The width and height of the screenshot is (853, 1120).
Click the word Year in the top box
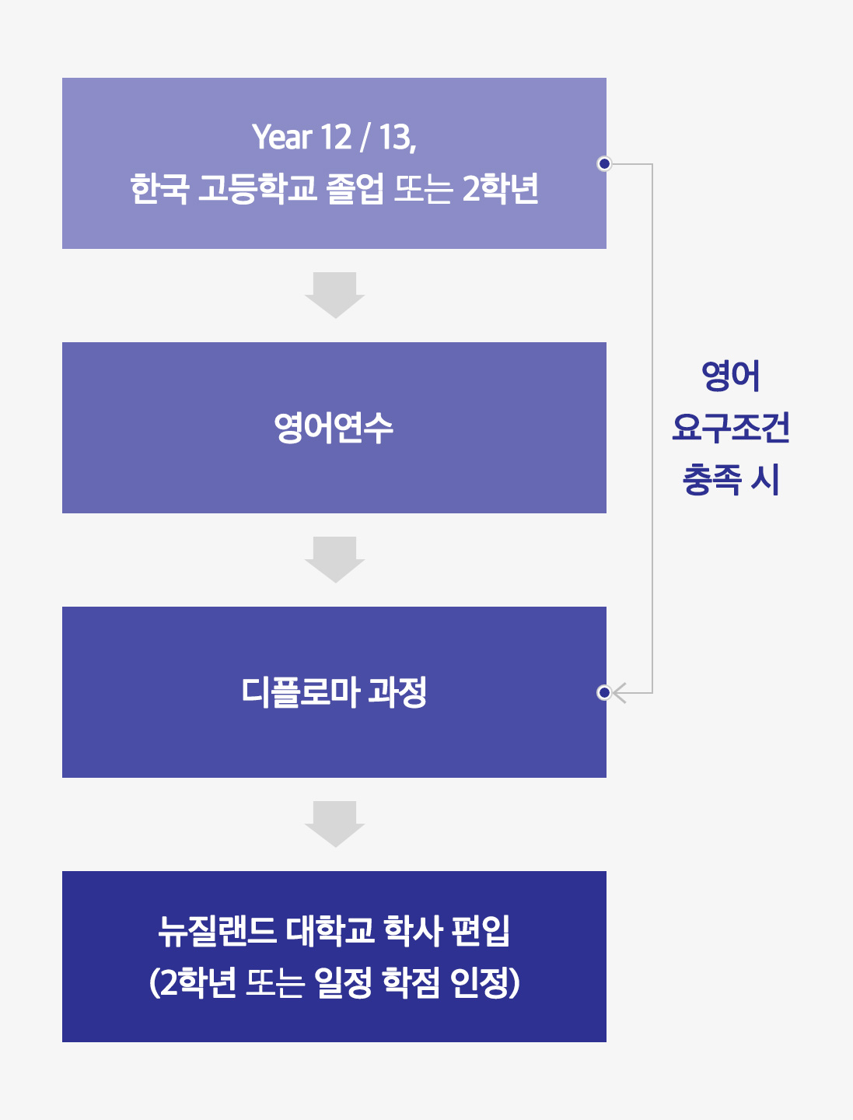point(282,137)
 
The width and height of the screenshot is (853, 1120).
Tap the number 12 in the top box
point(336,137)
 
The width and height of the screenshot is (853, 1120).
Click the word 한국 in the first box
point(159,188)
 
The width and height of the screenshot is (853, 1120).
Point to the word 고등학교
point(257,188)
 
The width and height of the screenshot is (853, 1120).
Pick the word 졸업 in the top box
point(355,188)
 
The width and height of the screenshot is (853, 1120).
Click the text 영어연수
point(334,428)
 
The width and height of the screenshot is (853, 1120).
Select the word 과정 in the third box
point(397,692)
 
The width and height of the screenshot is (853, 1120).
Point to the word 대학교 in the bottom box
point(330,931)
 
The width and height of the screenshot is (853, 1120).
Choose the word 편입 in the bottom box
point(481,931)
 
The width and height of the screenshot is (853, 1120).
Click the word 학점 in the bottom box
point(411,982)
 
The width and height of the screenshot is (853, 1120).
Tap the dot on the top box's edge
point(604,163)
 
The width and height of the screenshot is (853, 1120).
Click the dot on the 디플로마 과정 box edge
point(604,692)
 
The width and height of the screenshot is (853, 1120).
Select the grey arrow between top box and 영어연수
point(334,295)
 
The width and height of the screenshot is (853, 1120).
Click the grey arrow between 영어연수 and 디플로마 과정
point(334,560)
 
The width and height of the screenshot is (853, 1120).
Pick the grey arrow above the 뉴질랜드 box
point(334,824)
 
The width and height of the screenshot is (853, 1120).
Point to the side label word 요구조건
point(731,428)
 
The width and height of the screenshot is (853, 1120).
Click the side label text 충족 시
point(731,480)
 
